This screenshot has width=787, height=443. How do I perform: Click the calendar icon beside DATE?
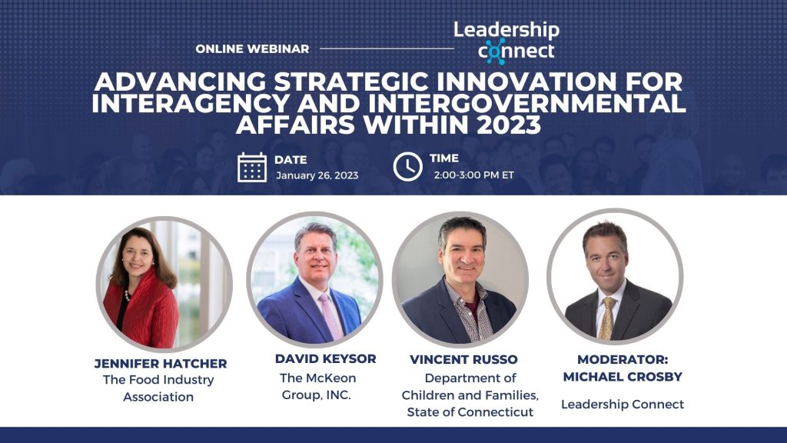(251, 167)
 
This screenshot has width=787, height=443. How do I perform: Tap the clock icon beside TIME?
(407, 166)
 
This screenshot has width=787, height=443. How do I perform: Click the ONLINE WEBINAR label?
(252, 48)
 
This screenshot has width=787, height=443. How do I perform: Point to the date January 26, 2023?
(317, 175)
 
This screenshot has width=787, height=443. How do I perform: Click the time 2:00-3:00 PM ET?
(473, 175)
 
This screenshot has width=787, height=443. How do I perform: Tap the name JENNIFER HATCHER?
(161, 363)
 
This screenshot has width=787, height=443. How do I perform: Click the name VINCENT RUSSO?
(463, 359)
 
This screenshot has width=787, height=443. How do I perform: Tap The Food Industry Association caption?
(158, 388)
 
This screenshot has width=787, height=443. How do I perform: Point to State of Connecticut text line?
(470, 413)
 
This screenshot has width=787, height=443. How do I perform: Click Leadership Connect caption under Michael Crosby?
(622, 404)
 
